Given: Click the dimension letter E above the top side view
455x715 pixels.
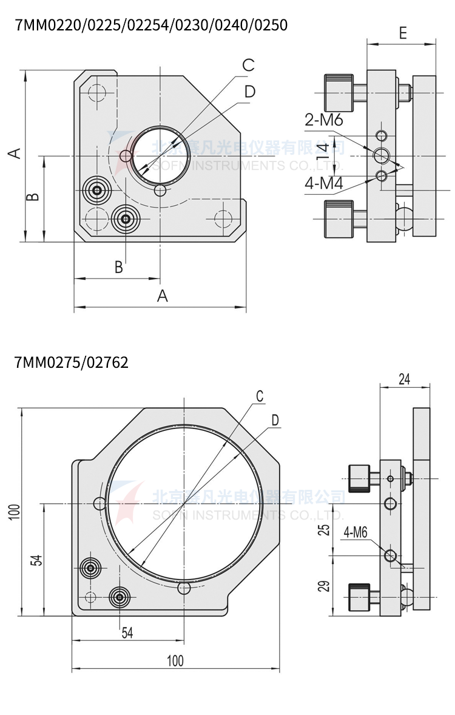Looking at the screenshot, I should pyautogui.click(x=403, y=33).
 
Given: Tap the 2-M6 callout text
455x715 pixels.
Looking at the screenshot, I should pyautogui.click(x=324, y=120).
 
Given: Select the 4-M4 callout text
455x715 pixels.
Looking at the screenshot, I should pyautogui.click(x=324, y=183).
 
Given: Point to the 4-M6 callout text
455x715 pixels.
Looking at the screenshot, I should pyautogui.click(x=356, y=533).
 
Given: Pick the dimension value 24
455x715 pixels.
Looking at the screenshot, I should pyautogui.click(x=404, y=379).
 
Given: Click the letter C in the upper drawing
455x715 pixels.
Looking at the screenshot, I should pyautogui.click(x=248, y=66).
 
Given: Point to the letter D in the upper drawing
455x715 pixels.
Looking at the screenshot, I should pyautogui.click(x=249, y=92).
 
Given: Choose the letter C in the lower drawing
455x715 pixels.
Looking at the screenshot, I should pyautogui.click(x=260, y=396).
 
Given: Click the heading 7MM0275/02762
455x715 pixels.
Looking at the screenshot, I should pyautogui.click(x=71, y=363).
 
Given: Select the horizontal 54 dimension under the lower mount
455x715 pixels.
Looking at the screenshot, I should pyautogui.click(x=127, y=632).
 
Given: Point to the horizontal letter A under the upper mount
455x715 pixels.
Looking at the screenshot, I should pyautogui.click(x=162, y=296).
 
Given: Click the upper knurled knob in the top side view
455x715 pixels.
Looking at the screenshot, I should pyautogui.click(x=339, y=89).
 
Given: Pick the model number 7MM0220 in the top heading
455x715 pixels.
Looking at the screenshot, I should pyautogui.click(x=39, y=25).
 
